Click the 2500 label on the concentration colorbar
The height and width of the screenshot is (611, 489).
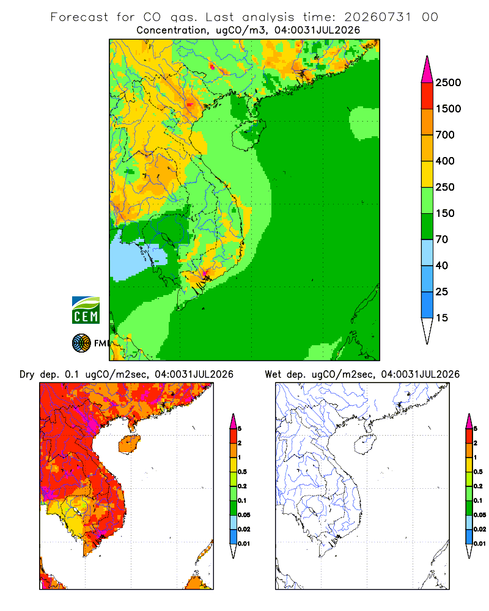(x=448, y=82)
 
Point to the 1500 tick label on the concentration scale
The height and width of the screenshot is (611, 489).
(x=448, y=109)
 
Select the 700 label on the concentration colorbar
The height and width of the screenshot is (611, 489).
(x=445, y=135)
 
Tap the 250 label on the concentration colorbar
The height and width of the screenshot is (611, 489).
(x=445, y=187)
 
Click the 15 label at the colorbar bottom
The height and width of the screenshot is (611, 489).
(x=442, y=318)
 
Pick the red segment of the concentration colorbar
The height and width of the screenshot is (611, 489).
(x=427, y=95)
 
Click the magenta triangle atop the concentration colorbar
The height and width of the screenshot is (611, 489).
(x=427, y=70)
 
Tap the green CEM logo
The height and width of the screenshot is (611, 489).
(x=86, y=310)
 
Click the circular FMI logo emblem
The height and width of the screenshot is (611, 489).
(x=81, y=343)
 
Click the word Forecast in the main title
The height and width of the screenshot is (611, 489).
(x=79, y=17)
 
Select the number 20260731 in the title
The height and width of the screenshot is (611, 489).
(x=378, y=17)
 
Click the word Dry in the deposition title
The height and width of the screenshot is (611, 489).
(x=27, y=375)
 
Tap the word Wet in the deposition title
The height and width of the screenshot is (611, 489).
(x=273, y=375)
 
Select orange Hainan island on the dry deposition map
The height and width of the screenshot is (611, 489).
(x=129, y=444)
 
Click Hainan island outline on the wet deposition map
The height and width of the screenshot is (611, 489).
(x=366, y=444)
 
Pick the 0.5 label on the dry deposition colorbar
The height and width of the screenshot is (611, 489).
(x=242, y=472)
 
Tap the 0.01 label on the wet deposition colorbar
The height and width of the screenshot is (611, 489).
(x=480, y=543)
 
